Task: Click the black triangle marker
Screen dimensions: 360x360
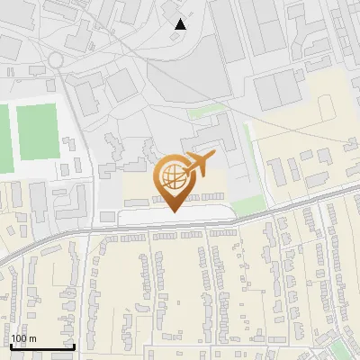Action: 181,24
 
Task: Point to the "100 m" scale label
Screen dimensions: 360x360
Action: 23,338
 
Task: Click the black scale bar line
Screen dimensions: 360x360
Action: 41,346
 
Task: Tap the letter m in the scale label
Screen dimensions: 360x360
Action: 32,338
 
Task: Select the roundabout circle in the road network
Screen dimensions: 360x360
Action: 57,59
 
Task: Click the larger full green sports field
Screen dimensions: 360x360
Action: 37,131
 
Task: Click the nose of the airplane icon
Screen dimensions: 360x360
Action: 214,157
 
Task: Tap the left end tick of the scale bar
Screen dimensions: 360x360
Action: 11,346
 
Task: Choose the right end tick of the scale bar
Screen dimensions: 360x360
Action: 73,346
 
